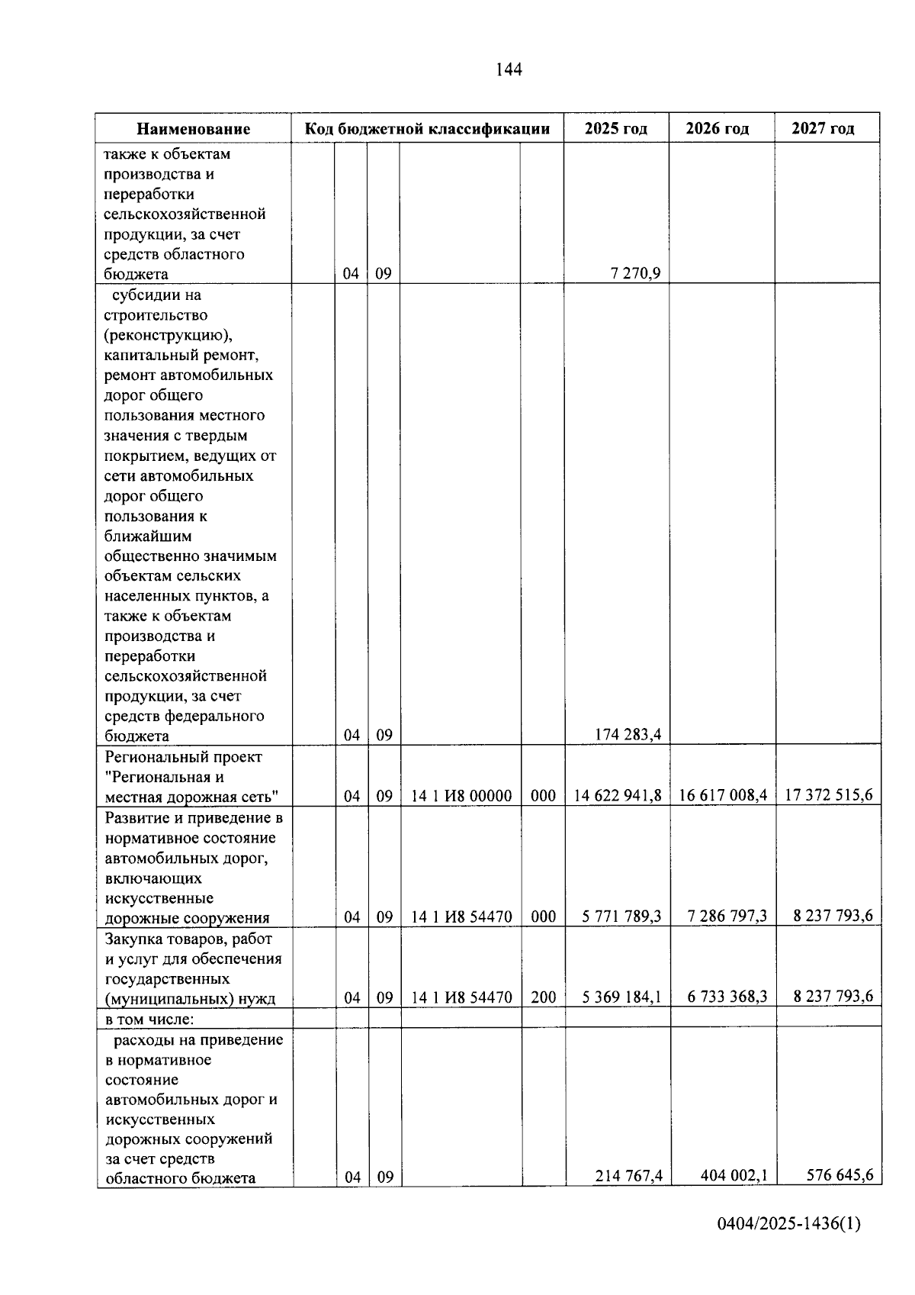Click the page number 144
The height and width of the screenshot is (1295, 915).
[509, 70]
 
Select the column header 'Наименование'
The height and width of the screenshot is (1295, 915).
[194, 129]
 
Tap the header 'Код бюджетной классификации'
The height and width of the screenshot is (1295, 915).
[427, 128]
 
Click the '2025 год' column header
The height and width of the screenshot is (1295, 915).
[616, 128]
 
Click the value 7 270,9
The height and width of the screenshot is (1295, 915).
[635, 274]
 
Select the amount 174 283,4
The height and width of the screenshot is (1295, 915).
[628, 735]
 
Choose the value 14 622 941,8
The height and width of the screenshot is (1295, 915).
[618, 795]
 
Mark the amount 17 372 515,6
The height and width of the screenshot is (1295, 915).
[829, 795]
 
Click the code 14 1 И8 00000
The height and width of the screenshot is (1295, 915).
[461, 796]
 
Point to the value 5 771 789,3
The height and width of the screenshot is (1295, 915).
[621, 916]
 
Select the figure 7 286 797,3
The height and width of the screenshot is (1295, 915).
[727, 916]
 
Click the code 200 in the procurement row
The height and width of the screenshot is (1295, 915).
[543, 997]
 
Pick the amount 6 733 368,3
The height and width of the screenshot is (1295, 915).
[727, 997]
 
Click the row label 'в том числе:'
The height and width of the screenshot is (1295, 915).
[149, 1019]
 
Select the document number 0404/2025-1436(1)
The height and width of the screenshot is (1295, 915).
[788, 1245]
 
